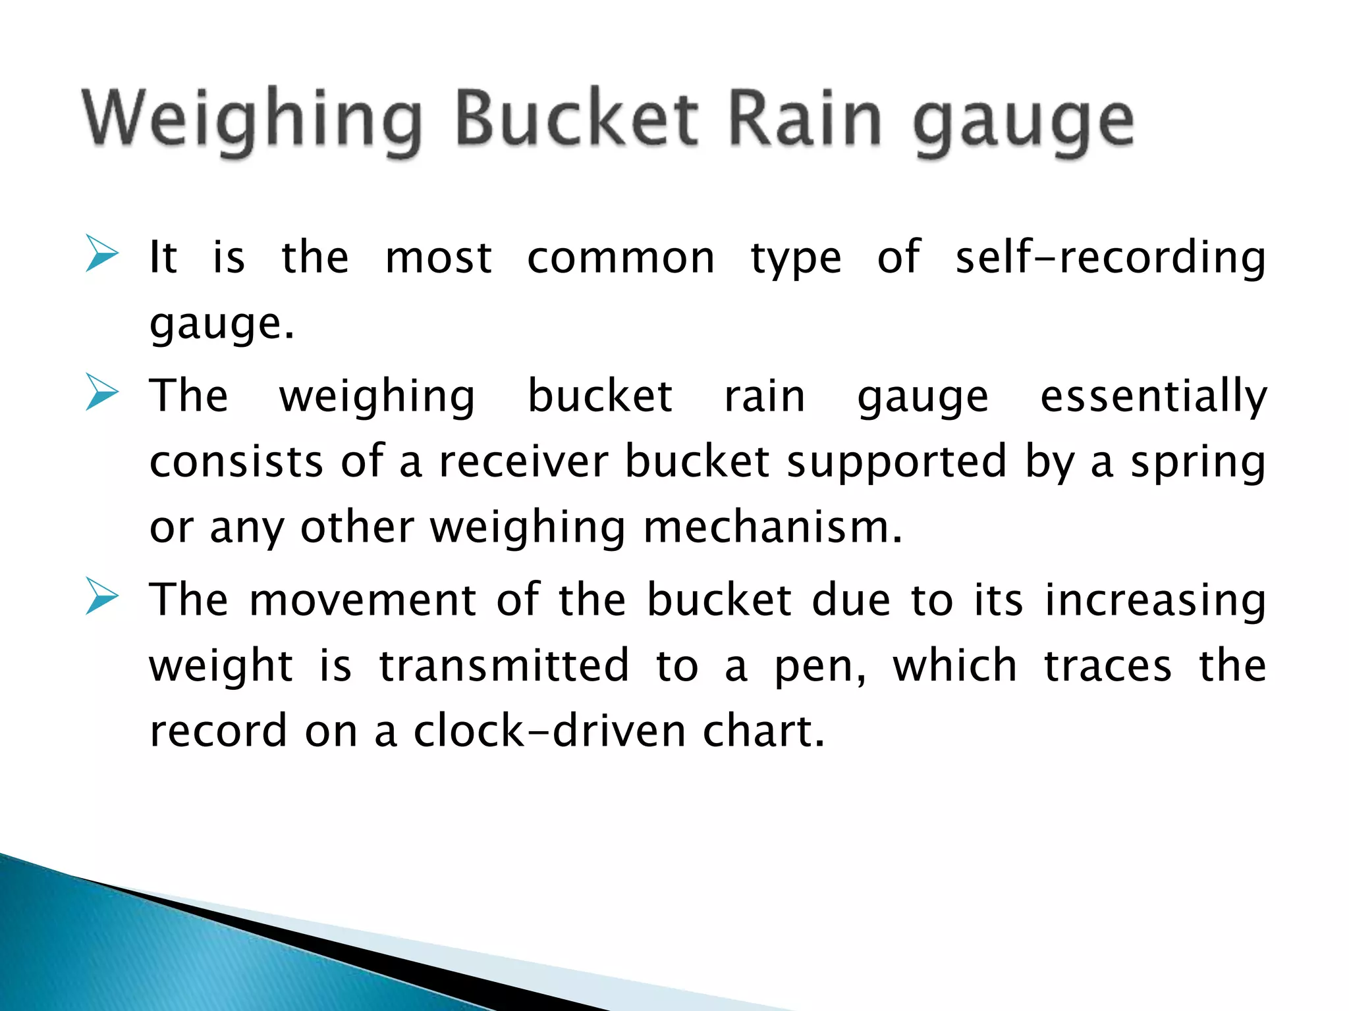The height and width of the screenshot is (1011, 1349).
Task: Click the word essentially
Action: click(1153, 396)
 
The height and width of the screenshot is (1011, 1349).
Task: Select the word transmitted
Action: click(504, 665)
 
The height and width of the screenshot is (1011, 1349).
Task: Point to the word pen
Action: click(819, 667)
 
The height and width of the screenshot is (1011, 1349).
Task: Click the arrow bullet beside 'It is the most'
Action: click(101, 255)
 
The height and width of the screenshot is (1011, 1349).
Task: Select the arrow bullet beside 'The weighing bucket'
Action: click(101, 393)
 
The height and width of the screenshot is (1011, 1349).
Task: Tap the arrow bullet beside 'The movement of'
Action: click(101, 597)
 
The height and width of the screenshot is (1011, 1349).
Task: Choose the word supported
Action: click(896, 462)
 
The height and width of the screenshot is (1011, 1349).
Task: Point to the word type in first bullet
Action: click(796, 258)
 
